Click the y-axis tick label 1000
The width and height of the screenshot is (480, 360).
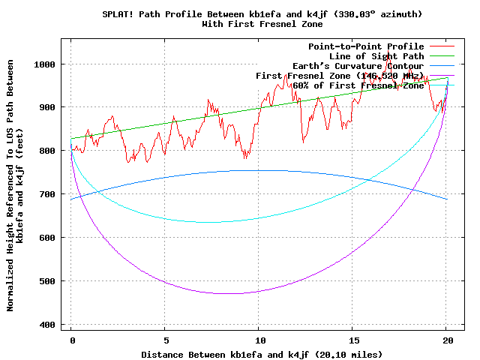(45, 64)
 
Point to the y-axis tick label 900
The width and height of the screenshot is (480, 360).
(47, 107)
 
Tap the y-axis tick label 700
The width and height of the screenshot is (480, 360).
(47, 194)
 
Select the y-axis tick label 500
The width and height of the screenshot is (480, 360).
(47, 281)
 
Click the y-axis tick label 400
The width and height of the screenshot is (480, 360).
(47, 325)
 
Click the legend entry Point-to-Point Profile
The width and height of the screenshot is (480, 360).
(366, 46)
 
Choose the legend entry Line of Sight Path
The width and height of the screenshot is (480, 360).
(376, 56)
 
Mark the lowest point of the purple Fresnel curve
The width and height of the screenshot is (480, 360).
(232, 293)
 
